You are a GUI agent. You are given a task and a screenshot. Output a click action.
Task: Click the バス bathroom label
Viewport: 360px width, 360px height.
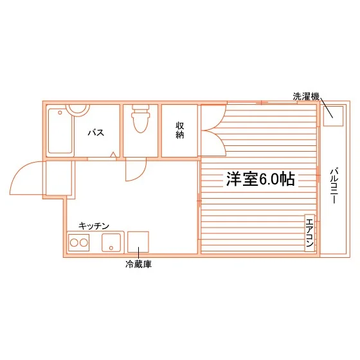point(96,132)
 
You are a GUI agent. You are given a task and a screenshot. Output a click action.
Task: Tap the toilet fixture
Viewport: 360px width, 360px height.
point(141,119)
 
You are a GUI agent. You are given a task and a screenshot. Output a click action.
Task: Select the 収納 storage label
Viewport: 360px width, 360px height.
point(180,130)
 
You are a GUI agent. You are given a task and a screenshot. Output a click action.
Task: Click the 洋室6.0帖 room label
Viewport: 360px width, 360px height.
point(260,179)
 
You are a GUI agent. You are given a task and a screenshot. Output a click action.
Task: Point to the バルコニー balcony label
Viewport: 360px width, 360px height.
point(334,186)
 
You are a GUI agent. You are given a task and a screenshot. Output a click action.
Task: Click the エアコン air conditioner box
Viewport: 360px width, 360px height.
point(310,233)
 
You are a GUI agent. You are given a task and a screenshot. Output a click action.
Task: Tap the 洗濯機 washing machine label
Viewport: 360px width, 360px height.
point(306,96)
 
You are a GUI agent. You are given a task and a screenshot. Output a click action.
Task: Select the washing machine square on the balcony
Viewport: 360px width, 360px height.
point(333,116)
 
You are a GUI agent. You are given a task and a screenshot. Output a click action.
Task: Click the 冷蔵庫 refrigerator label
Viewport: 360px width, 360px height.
point(138,264)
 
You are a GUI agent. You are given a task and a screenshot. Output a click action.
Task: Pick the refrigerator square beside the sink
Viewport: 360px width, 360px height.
point(138,242)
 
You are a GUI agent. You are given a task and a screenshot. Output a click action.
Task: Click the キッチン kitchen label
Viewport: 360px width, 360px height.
point(94,226)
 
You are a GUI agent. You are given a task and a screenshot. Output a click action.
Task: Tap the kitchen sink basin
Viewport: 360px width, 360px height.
point(111,243)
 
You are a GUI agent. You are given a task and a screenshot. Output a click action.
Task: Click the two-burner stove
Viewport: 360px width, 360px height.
point(78,243)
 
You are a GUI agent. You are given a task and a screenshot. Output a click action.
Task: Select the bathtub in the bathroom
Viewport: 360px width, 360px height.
point(60,131)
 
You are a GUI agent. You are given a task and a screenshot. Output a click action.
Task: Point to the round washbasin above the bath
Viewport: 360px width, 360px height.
point(78,110)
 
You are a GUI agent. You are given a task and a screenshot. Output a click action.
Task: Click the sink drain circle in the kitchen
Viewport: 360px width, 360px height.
point(111,248)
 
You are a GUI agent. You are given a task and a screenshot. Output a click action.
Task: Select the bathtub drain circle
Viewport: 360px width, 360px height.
point(60,113)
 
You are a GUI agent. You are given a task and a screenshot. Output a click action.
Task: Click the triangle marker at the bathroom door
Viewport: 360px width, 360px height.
point(113,154)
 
